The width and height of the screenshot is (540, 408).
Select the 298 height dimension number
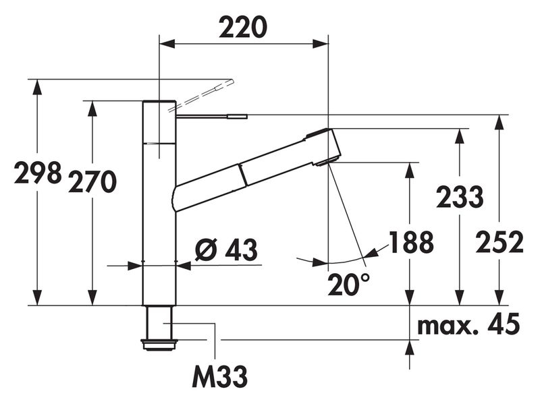[38, 175]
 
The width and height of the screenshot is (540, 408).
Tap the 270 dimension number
[92, 182]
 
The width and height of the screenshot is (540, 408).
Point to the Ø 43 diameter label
[226, 250]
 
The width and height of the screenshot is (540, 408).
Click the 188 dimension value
[411, 243]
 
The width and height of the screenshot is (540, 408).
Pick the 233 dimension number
[460, 197]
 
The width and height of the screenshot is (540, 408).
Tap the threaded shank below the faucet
[160, 326]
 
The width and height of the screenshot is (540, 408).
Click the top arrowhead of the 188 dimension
[409, 169]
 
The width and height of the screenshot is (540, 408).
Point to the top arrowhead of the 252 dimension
[499, 121]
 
